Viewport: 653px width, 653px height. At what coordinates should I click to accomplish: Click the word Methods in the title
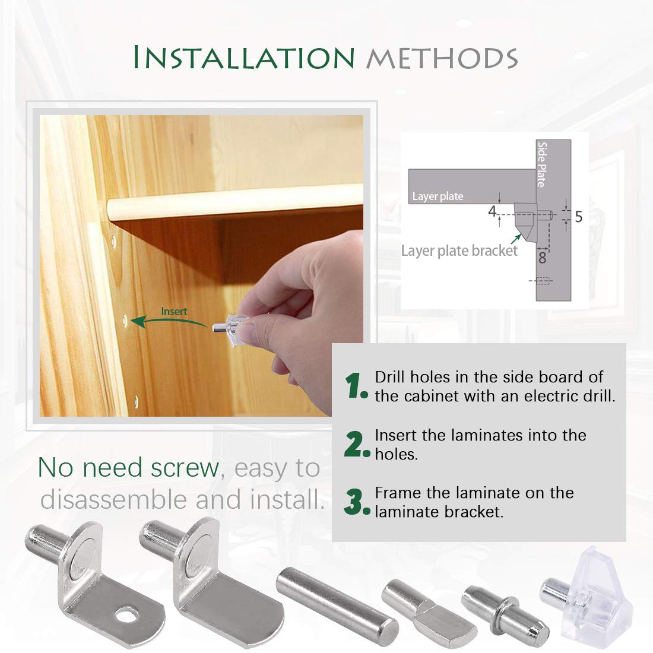coord(442,58)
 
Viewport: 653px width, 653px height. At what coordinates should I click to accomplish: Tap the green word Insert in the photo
coord(174,312)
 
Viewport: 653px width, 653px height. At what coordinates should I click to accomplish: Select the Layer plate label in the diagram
coord(438,196)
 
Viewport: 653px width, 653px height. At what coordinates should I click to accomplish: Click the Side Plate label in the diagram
coord(541,164)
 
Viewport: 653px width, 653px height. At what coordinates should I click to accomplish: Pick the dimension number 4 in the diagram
coord(492,211)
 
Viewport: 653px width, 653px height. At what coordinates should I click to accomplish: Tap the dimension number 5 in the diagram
coord(578,217)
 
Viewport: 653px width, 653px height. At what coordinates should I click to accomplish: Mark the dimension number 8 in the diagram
coord(542,258)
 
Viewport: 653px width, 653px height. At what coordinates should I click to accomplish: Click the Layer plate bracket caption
coord(459,251)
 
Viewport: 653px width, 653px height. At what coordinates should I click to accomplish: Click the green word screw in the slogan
coord(185,468)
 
